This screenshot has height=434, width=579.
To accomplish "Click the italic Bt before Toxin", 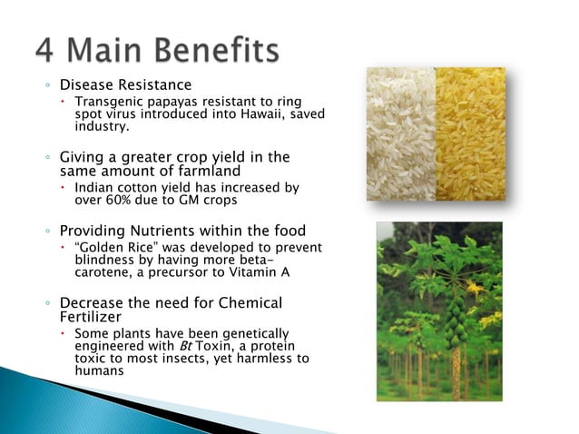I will point(205,346).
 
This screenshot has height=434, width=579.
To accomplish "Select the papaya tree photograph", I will point(439,311).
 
